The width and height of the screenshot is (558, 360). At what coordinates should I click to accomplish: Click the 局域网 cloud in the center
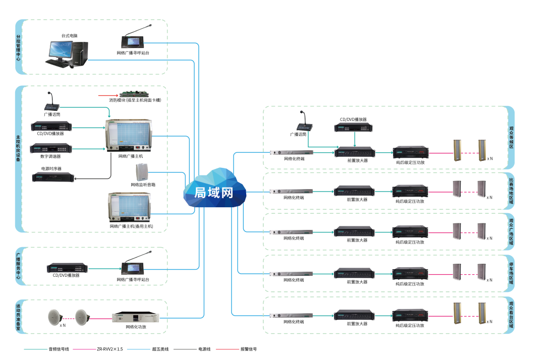coord(214,190)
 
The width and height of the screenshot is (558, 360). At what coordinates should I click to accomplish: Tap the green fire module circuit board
coord(134,94)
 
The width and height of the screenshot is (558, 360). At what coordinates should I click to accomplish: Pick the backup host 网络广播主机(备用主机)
coord(130,207)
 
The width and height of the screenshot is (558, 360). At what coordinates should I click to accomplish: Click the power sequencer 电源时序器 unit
coord(52,177)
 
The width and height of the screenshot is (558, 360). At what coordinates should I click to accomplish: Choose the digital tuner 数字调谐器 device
coord(51,148)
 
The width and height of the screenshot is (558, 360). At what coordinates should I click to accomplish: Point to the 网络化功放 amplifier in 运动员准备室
coord(136,318)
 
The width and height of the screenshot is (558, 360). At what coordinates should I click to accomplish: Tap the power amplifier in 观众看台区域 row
coord(410,316)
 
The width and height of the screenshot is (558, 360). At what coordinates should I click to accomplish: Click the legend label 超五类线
coord(160,349)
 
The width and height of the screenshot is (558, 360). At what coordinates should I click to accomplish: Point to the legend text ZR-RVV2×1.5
coord(110,349)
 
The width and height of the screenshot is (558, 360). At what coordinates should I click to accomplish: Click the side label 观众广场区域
coord(511,232)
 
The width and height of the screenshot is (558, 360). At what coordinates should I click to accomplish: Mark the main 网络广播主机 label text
coord(130,156)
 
